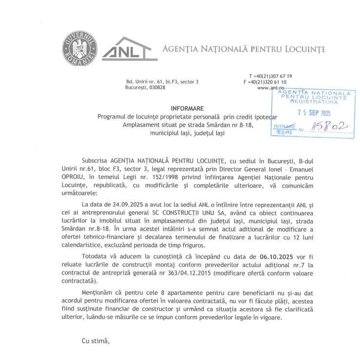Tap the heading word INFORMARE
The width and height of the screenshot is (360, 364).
187,108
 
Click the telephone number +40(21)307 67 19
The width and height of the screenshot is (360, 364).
272,76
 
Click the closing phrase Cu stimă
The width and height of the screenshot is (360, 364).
95,341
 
